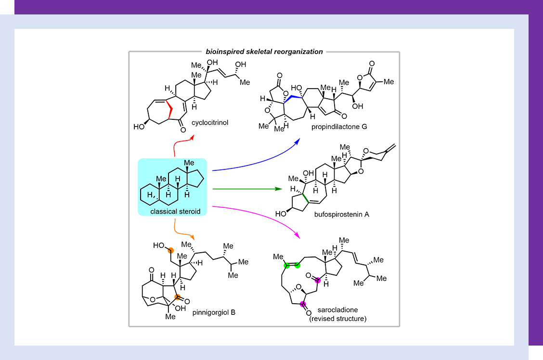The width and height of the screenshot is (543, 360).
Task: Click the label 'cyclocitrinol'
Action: (209, 123)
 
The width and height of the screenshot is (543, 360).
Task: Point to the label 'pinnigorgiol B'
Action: (214, 313)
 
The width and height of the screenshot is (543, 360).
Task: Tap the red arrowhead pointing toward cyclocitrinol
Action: (192, 137)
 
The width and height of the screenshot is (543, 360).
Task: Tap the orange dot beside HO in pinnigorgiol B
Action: (170, 250)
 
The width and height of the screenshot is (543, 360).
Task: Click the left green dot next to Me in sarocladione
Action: (286, 265)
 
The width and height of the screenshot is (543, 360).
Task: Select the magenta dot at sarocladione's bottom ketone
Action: (303, 303)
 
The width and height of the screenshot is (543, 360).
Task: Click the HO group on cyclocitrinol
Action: (140, 128)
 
